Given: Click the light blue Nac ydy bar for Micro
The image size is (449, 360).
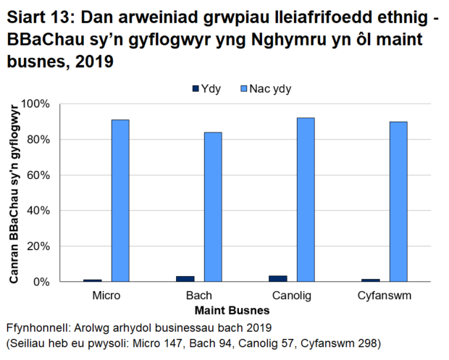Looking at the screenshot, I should pos(120,201).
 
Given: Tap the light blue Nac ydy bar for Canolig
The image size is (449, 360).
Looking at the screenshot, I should pos(306,199).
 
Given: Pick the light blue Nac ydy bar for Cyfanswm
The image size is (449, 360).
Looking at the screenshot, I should pos(398,201).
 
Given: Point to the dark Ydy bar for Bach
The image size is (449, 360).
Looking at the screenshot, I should pos(185,279).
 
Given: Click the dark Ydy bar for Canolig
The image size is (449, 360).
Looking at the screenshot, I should pos(278,279).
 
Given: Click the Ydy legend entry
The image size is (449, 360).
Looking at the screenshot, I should pos(205,89).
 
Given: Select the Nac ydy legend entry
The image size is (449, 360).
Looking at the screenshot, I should pos(268,89).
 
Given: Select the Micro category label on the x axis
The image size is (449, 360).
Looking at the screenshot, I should pos(106,296).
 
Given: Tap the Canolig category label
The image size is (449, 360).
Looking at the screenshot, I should pos(292,296).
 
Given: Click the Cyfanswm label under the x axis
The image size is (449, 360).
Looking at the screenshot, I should pos(385,296).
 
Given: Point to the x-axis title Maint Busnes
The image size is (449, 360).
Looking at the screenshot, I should pos(246,310).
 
